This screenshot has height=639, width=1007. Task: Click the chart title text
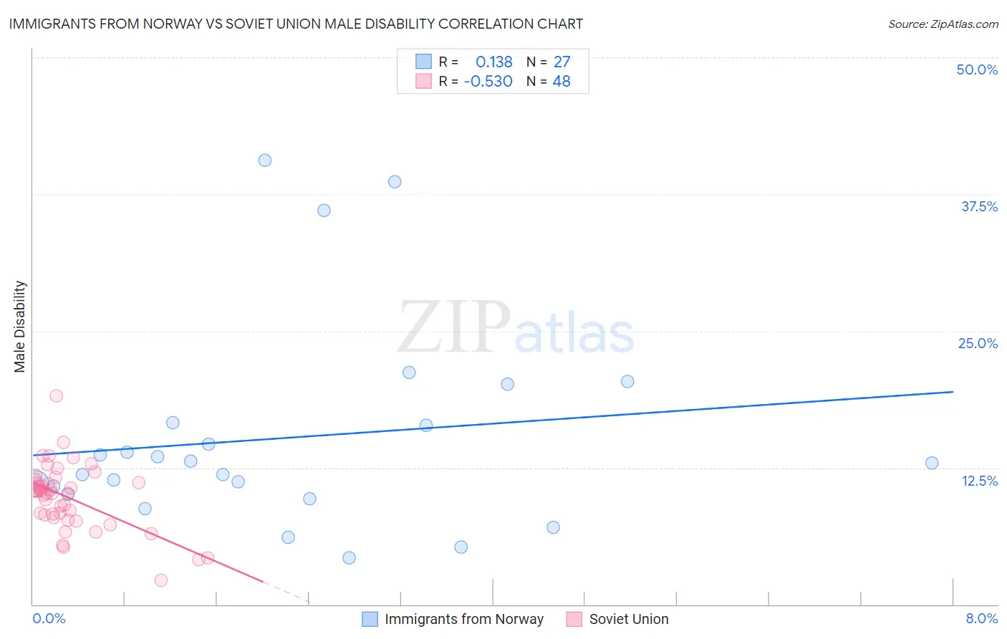[x=296, y=24]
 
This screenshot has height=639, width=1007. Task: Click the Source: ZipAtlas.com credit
[x=943, y=24]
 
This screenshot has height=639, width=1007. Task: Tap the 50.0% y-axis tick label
[x=977, y=69]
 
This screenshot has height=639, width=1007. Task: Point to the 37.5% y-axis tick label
[x=979, y=206]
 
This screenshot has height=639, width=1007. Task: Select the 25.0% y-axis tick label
[x=978, y=343]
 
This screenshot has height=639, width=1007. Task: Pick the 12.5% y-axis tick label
[x=979, y=481]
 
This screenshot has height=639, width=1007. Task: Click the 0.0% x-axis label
[x=49, y=619]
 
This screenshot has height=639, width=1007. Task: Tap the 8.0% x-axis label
[x=981, y=619]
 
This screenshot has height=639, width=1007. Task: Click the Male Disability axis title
[x=20, y=327]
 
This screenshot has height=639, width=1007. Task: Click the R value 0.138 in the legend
[x=493, y=62]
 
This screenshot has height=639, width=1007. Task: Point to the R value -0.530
[x=488, y=82]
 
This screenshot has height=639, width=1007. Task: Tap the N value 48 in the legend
[x=562, y=82]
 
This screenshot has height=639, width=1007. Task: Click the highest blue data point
[x=265, y=160]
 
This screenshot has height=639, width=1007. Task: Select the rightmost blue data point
[x=932, y=463]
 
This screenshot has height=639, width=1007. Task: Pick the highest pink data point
[x=57, y=395]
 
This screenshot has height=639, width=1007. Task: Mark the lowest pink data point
[x=161, y=580]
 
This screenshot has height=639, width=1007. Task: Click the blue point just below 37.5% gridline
[x=324, y=211]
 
